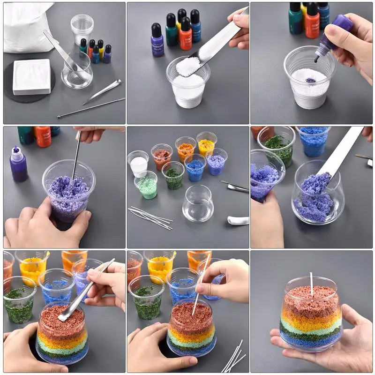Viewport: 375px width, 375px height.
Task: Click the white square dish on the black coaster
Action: click(x=31, y=76)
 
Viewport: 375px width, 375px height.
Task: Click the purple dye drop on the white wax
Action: click(x=310, y=80)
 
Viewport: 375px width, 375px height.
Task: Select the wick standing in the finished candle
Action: click(x=311, y=285)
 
